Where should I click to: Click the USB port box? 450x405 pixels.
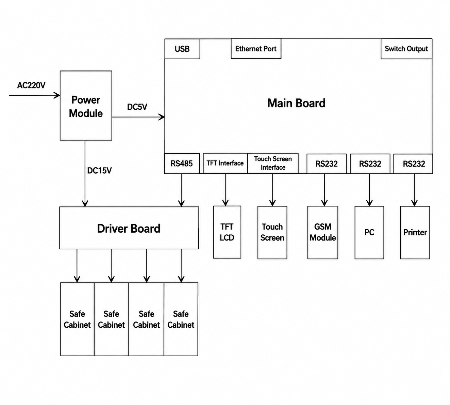click(x=182, y=49)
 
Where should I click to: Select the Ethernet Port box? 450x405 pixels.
click(x=256, y=49)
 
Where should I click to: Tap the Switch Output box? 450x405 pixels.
click(x=406, y=49)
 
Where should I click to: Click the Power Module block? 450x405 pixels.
click(x=86, y=106)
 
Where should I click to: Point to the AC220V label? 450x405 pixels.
click(x=31, y=85)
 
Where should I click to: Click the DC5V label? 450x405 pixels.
click(x=137, y=107)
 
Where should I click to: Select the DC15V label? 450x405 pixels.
click(x=99, y=171)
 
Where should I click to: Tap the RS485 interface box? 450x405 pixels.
click(x=182, y=163)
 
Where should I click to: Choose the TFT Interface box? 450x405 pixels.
click(x=225, y=163)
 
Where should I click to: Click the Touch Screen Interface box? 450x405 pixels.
click(x=273, y=163)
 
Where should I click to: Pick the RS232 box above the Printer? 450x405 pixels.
click(x=413, y=164)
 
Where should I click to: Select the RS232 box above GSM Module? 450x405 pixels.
click(x=327, y=164)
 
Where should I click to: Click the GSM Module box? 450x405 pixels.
click(x=323, y=232)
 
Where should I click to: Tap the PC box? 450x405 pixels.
click(x=369, y=232)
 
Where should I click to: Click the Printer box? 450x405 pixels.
click(x=415, y=232)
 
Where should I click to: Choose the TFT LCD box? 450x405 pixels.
click(x=227, y=232)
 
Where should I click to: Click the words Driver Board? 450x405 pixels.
click(x=129, y=229)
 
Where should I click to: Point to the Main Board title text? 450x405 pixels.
click(x=296, y=103)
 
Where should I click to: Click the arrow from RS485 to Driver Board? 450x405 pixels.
click(x=181, y=190)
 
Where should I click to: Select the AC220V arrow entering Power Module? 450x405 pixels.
click(x=35, y=95)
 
